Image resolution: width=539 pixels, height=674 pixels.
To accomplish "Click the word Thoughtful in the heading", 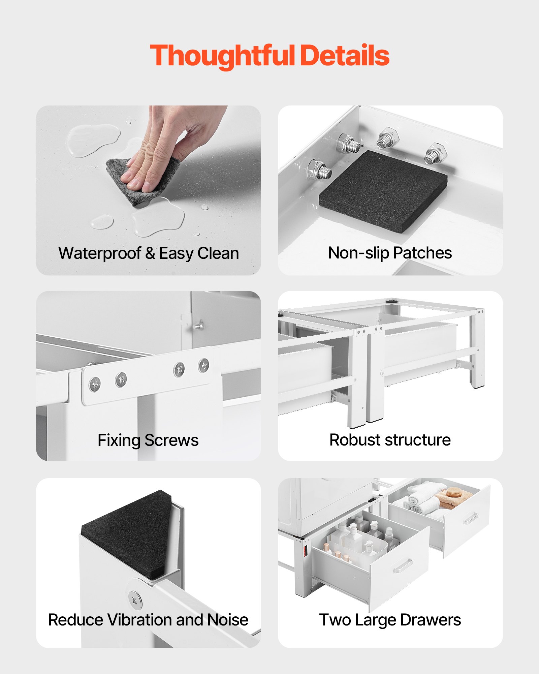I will tap(222, 56).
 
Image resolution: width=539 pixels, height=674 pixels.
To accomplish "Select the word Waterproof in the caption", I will tap(100, 253).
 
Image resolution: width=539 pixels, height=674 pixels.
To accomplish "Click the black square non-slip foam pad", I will tap(383, 190).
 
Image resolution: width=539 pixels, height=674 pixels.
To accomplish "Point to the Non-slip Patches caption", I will tap(390, 253).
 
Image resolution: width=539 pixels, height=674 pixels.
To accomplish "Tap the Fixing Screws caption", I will tap(148, 440).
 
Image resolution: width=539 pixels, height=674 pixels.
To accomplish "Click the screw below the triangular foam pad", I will tap(135, 600).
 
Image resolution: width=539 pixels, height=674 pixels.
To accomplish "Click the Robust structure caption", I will tap(390, 440).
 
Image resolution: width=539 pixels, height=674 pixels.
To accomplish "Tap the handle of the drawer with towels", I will tap(470, 519).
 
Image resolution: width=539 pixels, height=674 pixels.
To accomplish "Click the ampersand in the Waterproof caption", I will tap(150, 253).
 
